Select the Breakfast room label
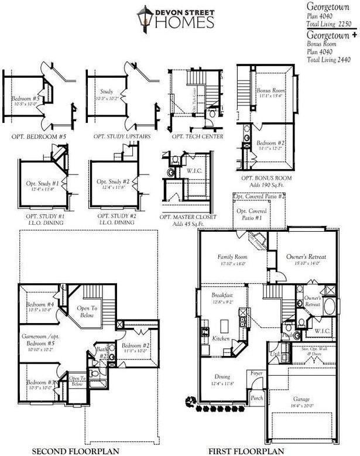222,296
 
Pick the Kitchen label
221,339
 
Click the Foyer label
256,372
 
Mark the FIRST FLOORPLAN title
246,451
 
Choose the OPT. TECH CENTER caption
197,137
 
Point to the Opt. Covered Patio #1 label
252,214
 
